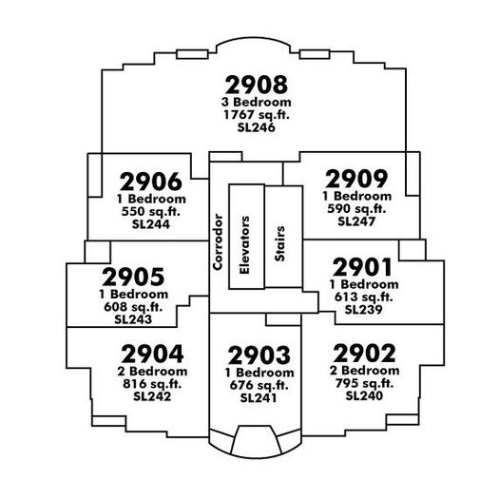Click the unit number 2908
257,85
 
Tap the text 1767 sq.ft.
257,114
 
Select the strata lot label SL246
256,127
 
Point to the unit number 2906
151,182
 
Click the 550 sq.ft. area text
151,211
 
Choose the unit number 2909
356,179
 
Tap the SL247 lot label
356,221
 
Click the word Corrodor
218,242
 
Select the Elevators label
245,245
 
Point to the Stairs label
279,243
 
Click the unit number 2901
363,267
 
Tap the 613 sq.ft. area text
364,297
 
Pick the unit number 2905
133,277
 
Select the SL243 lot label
133,319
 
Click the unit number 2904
152,354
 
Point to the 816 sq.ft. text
152,384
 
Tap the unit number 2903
259,355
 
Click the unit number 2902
364,354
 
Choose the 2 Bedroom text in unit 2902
364,371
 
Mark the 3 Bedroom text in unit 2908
257,102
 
